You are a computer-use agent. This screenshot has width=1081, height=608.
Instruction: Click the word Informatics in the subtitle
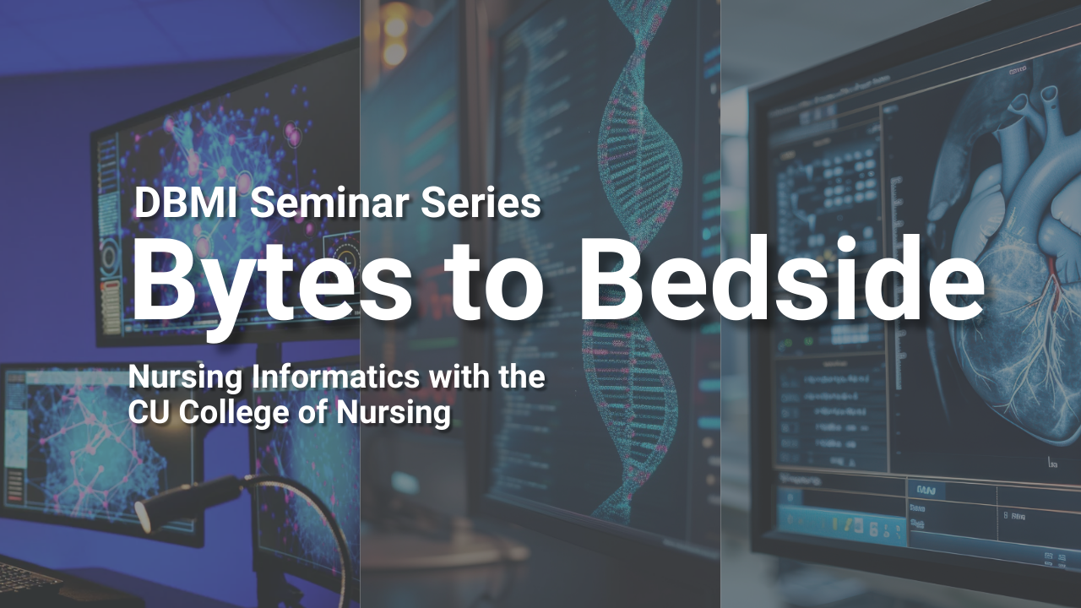tap(333, 377)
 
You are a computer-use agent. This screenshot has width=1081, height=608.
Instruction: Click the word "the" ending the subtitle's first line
tap(521, 377)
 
